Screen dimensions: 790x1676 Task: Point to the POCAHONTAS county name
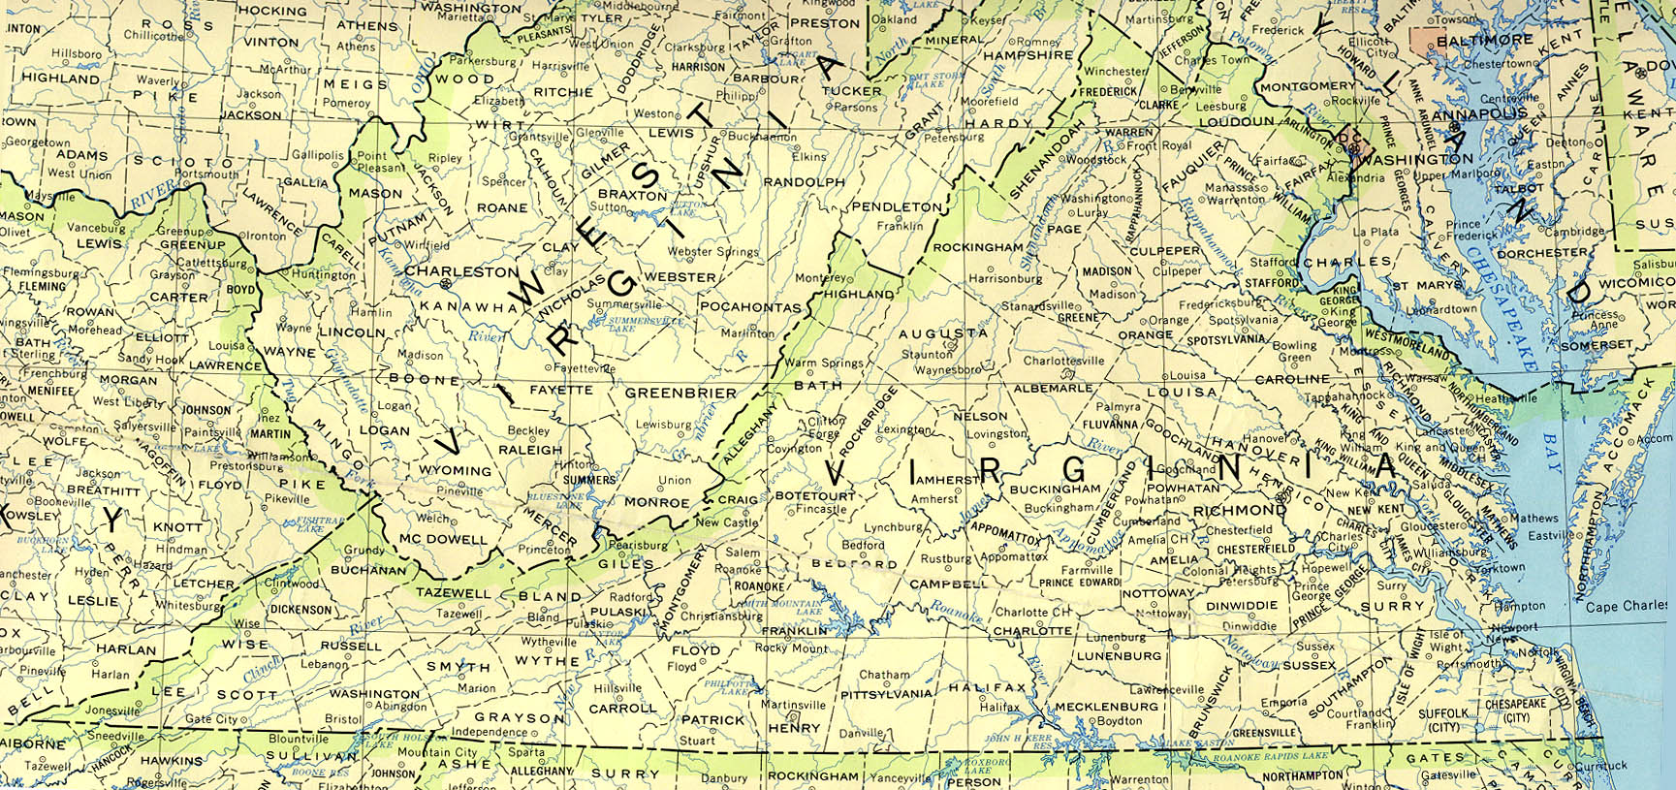pos(750,307)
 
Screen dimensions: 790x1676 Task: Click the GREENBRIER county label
pos(680,394)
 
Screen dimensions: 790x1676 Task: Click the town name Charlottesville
pos(1063,361)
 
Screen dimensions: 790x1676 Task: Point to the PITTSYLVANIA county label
pos(885,694)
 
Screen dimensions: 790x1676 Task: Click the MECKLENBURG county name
pos(1106,707)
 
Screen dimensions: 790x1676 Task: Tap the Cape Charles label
pos(1627,607)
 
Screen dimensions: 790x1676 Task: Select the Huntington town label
pos(324,275)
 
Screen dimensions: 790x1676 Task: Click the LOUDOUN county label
pos(1236,122)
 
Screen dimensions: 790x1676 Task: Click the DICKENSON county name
pos(300,610)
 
